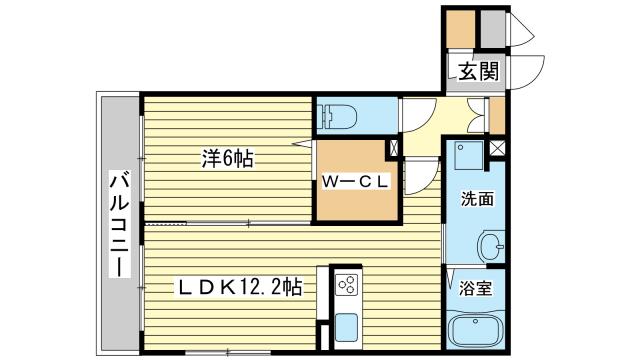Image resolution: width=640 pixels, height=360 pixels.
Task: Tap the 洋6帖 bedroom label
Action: tap(228, 158)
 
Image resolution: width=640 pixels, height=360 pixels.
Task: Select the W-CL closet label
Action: tap(355, 182)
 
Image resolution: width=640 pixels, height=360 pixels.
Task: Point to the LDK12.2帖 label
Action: tap(239, 287)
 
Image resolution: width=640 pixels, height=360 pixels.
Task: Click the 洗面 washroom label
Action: tap(477, 199)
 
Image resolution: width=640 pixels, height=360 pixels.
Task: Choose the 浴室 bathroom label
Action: tap(475, 288)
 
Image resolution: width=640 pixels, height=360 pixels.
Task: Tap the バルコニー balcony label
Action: tap(120, 225)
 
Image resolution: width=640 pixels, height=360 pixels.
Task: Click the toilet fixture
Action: tap(337, 116)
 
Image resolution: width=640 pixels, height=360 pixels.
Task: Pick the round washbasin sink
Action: tap(491, 246)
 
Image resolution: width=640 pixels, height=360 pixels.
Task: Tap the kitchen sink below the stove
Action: tap(347, 327)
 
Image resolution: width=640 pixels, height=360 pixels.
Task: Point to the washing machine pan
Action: tap(469, 156)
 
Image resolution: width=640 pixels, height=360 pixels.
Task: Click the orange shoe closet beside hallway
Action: tap(497, 116)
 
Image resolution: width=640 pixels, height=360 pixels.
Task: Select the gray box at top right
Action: tap(493, 29)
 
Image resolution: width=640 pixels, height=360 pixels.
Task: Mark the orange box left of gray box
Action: tap(460, 29)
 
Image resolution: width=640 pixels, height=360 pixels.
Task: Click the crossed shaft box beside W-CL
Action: tap(394, 149)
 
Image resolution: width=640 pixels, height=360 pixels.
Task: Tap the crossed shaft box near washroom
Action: tap(497, 148)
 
